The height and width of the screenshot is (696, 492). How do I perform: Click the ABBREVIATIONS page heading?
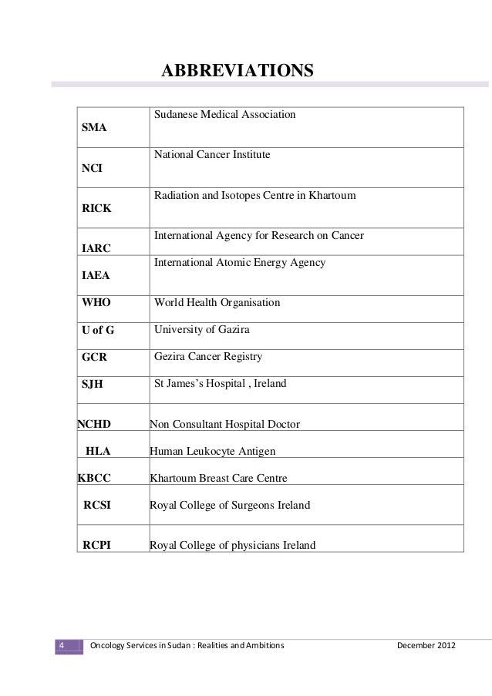[237, 72]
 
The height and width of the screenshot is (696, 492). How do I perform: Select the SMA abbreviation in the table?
[95, 128]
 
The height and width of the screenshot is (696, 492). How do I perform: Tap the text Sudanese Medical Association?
[224, 115]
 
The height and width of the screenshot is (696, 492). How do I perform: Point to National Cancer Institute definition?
[212, 155]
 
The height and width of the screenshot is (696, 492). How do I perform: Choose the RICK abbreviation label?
[96, 209]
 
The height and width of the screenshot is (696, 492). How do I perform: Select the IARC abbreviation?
[96, 248]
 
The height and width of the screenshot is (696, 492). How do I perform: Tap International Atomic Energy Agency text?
[239, 263]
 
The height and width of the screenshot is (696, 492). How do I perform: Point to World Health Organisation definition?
[217, 304]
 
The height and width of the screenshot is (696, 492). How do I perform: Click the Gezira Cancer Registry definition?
[208, 357]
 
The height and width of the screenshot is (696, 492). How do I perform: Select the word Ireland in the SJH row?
[270, 383]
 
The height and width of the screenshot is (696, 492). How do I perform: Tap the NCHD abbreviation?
[94, 424]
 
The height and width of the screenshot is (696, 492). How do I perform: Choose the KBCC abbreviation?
[94, 478]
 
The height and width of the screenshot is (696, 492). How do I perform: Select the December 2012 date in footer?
[425, 644]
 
